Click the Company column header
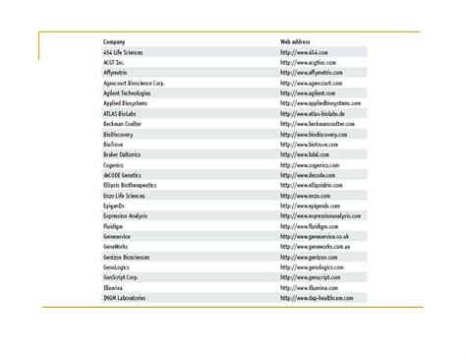tap(114, 42)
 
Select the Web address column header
tap(295, 42)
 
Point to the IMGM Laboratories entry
tap(125, 298)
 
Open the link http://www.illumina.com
tap(310, 287)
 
